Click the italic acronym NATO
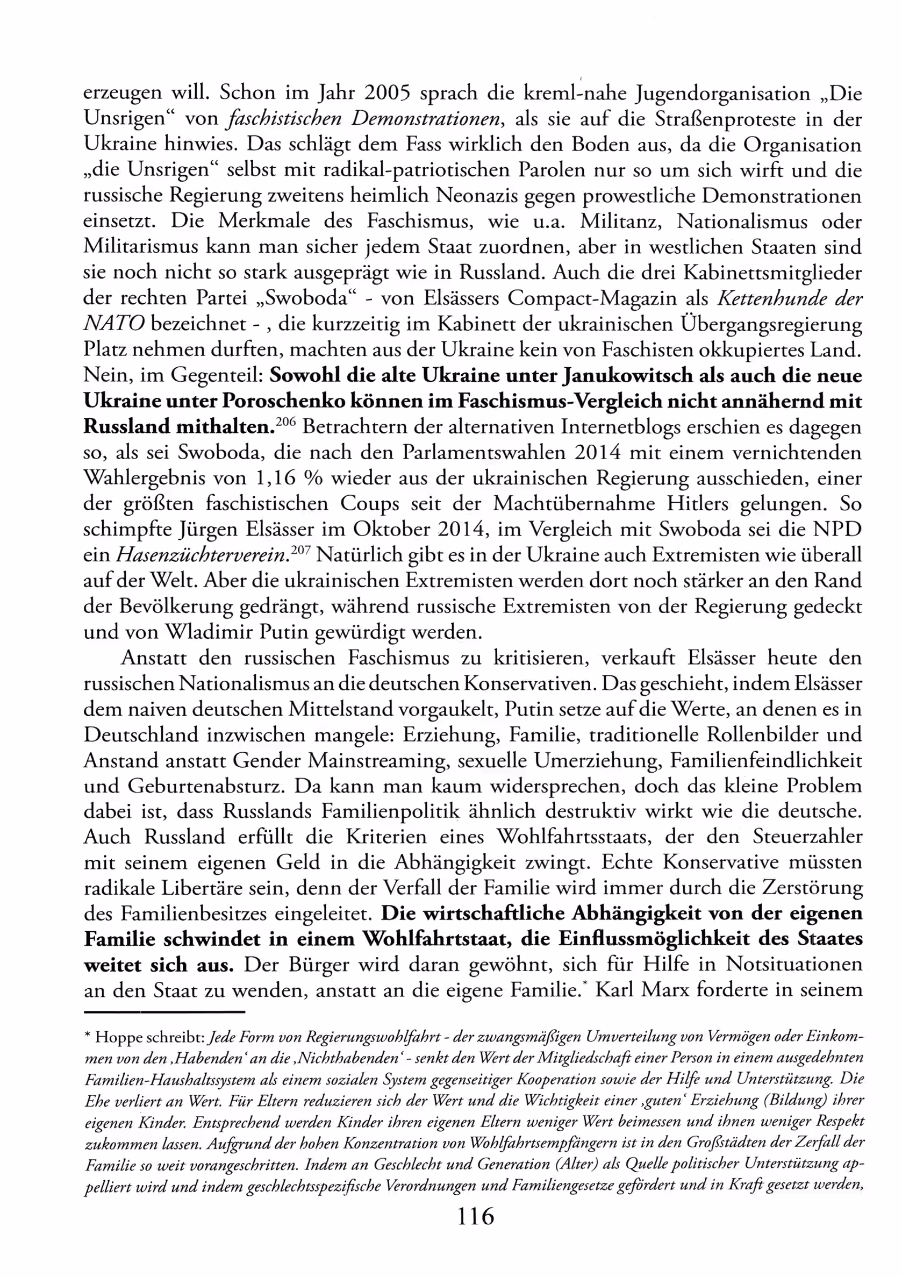pos(114,324)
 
